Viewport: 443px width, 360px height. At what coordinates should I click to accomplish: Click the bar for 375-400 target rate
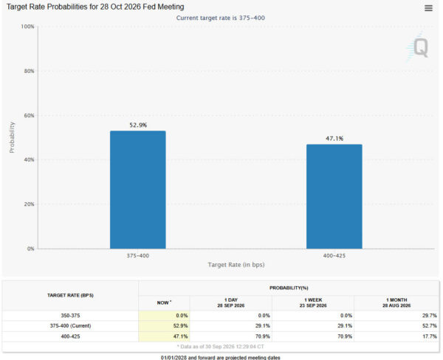[x=138, y=190]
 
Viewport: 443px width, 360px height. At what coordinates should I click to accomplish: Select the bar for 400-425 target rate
[x=334, y=196]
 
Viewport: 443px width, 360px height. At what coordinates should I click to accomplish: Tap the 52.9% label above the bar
[x=138, y=125]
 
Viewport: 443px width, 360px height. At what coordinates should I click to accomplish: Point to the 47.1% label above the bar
[x=334, y=139]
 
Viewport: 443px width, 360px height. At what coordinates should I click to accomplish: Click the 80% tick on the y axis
[x=29, y=71]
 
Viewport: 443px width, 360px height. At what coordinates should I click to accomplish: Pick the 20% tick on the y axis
[x=29, y=204]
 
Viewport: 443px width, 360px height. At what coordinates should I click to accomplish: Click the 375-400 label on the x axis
[x=137, y=256]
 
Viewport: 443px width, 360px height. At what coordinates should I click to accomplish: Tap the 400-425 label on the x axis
[x=334, y=256]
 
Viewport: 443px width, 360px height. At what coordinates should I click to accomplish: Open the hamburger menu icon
[x=428, y=8]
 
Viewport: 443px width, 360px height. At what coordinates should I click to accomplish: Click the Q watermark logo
[x=418, y=46]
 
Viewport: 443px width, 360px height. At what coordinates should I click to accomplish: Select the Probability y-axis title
[x=12, y=137]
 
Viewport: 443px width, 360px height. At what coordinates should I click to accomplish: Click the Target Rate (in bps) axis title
[x=236, y=265]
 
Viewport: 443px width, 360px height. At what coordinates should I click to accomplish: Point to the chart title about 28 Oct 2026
[x=95, y=7]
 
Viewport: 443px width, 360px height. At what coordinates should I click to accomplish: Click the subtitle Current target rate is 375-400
[x=221, y=18]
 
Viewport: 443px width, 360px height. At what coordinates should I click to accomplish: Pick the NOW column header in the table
[x=164, y=302]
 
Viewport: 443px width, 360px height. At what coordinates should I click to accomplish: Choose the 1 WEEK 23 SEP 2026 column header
[x=313, y=302]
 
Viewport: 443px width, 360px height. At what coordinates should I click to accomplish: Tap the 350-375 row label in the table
[x=70, y=316]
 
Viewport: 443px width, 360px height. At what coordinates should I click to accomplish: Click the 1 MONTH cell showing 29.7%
[x=430, y=316]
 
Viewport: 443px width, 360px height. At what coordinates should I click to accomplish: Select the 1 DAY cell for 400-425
[x=262, y=336]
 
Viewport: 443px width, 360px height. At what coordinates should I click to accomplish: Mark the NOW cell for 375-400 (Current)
[x=180, y=326]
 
